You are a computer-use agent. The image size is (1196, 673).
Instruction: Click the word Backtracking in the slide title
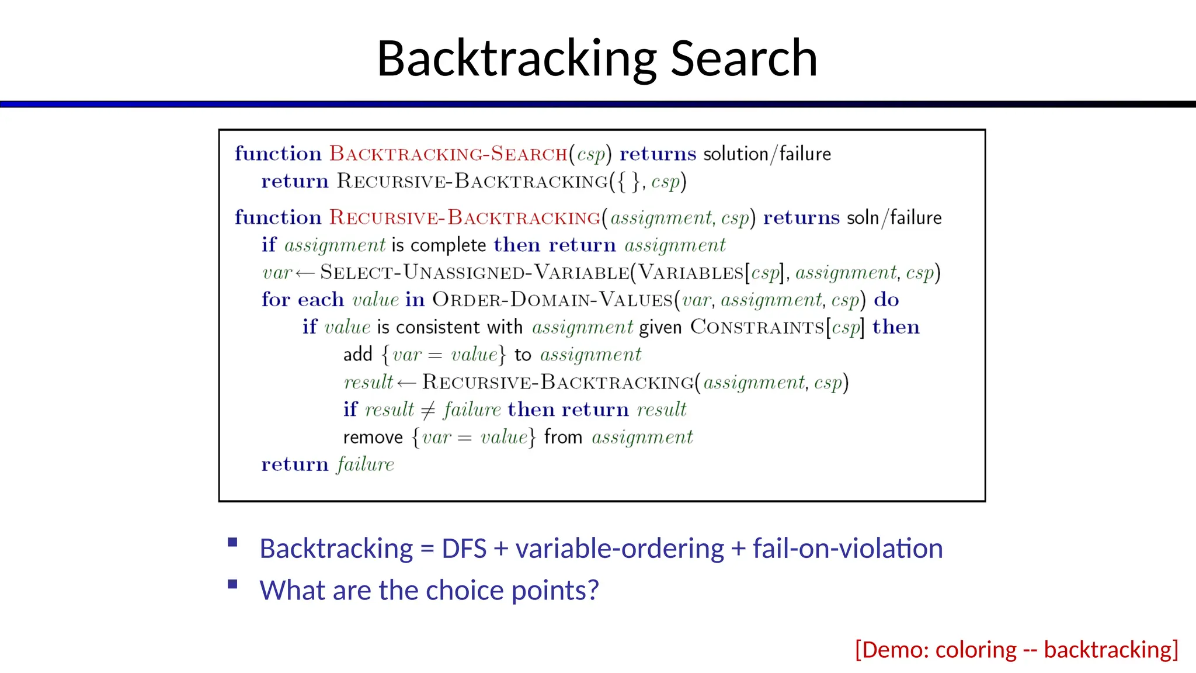pos(517,58)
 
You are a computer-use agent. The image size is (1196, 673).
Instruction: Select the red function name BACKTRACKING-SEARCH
pos(448,154)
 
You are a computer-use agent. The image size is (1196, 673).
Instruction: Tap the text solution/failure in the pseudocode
pos(767,154)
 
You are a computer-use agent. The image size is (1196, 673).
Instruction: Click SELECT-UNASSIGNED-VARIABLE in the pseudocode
pos(474,273)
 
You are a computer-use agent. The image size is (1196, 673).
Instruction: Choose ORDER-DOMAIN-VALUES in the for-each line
pos(552,300)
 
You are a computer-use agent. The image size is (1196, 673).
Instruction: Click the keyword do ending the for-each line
pos(886,300)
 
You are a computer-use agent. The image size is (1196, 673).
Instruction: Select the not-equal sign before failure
pos(428,410)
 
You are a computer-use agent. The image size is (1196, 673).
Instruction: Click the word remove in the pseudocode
pos(373,438)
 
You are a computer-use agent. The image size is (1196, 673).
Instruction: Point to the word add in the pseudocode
pos(357,355)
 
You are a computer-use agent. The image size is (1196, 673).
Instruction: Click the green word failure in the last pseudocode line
pos(366,464)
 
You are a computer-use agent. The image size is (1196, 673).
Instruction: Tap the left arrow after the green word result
pos(406,383)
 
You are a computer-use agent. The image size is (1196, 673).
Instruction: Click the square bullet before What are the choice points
pos(232,584)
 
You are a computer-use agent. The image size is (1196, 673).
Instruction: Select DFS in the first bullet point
pos(464,549)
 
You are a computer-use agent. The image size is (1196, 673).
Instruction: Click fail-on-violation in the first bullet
pos(847,549)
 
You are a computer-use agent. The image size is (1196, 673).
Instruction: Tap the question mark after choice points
pos(593,590)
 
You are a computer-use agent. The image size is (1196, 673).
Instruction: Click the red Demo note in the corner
pos(1016,650)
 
